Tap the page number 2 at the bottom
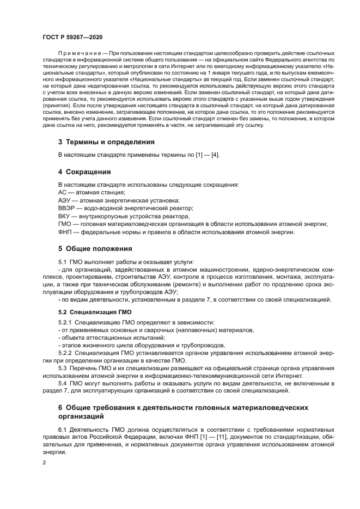[44, 462]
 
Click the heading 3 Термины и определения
[106, 142]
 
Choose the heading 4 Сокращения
[84, 171]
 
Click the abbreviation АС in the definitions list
[62, 192]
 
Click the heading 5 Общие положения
[95, 248]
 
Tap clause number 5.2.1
[65, 323]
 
